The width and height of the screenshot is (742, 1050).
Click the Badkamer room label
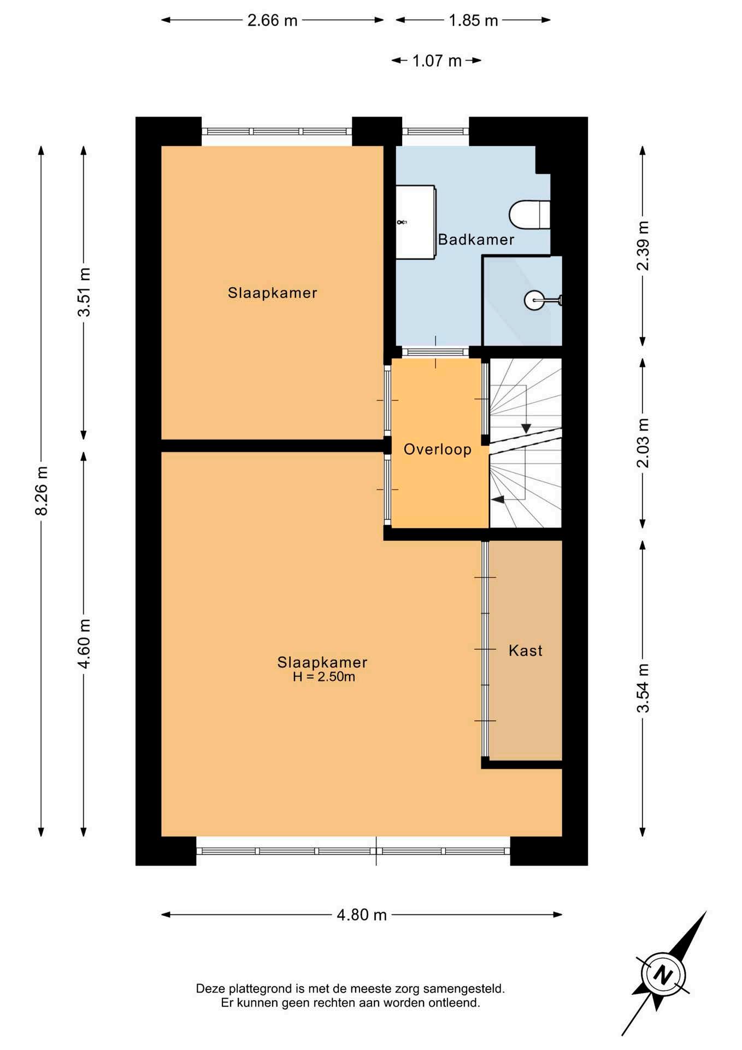(476, 240)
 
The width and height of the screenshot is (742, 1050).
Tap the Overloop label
(437, 450)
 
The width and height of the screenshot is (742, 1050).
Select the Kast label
(526, 650)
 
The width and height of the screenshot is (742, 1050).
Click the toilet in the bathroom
(529, 215)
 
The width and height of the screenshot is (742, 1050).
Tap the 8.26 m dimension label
(42, 491)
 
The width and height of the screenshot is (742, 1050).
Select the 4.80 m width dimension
(362, 915)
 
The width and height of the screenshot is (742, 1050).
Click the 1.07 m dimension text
(437, 61)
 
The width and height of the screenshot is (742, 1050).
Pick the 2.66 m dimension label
(272, 21)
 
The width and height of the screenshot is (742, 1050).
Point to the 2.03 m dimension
(643, 443)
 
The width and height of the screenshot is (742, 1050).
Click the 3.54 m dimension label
(643, 688)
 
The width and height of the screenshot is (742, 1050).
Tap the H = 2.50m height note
(324, 677)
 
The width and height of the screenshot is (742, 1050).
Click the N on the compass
(663, 975)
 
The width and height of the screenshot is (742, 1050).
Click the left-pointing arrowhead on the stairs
(498, 499)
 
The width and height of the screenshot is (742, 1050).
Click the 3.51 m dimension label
(84, 292)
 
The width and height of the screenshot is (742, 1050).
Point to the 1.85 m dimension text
(473, 21)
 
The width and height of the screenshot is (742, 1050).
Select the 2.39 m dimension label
(643, 246)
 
